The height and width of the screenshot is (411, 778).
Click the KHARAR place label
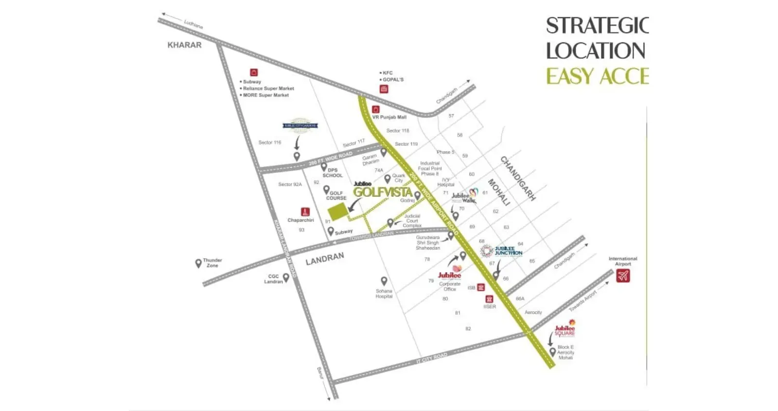[184, 45]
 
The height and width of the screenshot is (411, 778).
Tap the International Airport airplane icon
[623, 276]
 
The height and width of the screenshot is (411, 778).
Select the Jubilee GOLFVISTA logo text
[383, 191]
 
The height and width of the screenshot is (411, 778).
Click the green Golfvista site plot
[337, 211]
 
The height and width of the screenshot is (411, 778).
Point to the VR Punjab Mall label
[389, 117]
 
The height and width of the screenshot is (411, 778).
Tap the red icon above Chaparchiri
[305, 212]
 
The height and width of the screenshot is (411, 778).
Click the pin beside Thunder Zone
[198, 263]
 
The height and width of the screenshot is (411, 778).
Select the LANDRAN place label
[325, 258]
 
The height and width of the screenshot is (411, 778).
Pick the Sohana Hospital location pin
[384, 281]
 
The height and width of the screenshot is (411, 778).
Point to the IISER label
[490, 307]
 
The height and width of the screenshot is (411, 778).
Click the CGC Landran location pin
[286, 277]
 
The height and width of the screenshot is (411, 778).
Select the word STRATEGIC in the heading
[597, 26]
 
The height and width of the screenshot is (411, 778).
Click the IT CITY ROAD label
[432, 359]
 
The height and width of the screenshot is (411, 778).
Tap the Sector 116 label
[270, 142]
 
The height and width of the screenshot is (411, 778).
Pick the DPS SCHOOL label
[333, 173]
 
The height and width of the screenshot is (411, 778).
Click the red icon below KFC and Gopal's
[384, 89]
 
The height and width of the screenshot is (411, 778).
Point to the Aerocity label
[533, 312]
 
